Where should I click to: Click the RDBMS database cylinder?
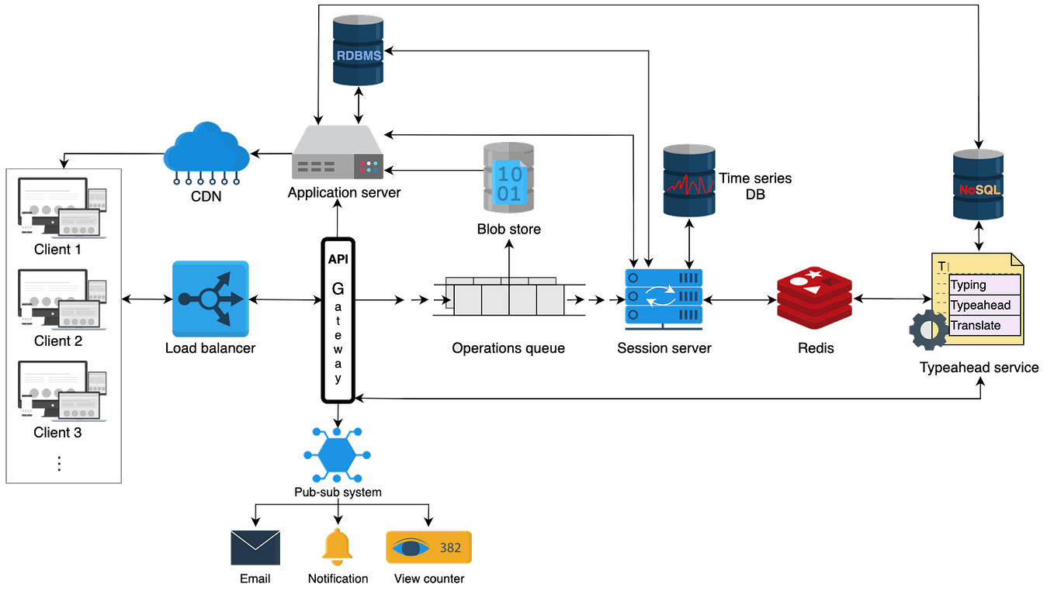[358, 50]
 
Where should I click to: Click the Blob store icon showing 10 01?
[508, 178]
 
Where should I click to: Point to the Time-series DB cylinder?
[688, 180]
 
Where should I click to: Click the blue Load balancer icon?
[210, 299]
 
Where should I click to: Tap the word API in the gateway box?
[338, 258]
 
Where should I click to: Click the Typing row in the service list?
[979, 285]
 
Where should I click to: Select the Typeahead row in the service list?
[979, 305]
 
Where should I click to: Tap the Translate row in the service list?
[979, 325]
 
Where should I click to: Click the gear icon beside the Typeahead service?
[926, 330]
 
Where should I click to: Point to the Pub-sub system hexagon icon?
[338, 454]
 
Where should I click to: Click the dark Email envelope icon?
[255, 548]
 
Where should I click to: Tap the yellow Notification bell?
[337, 546]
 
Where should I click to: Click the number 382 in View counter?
[450, 548]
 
